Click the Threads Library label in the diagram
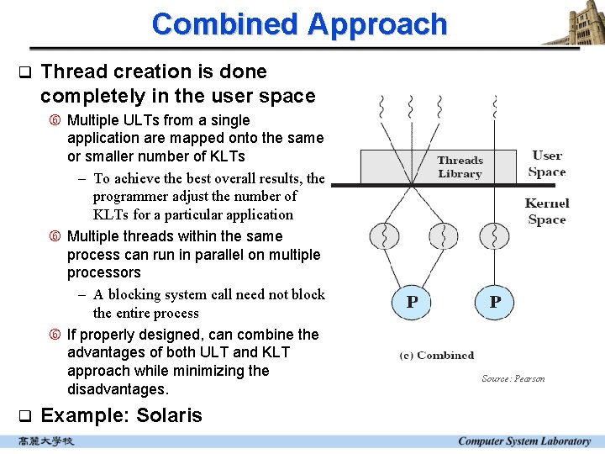coord(460,167)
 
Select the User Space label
coord(547,164)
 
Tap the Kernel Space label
coord(547,211)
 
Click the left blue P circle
coord(412,301)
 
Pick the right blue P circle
coord(495,301)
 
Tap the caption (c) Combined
coord(437,356)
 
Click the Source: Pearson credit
coord(513,378)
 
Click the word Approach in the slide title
coord(376,24)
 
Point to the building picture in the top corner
coord(573,23)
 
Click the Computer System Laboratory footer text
coord(524,441)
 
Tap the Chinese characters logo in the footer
coord(47,441)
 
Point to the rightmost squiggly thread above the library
coord(495,108)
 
